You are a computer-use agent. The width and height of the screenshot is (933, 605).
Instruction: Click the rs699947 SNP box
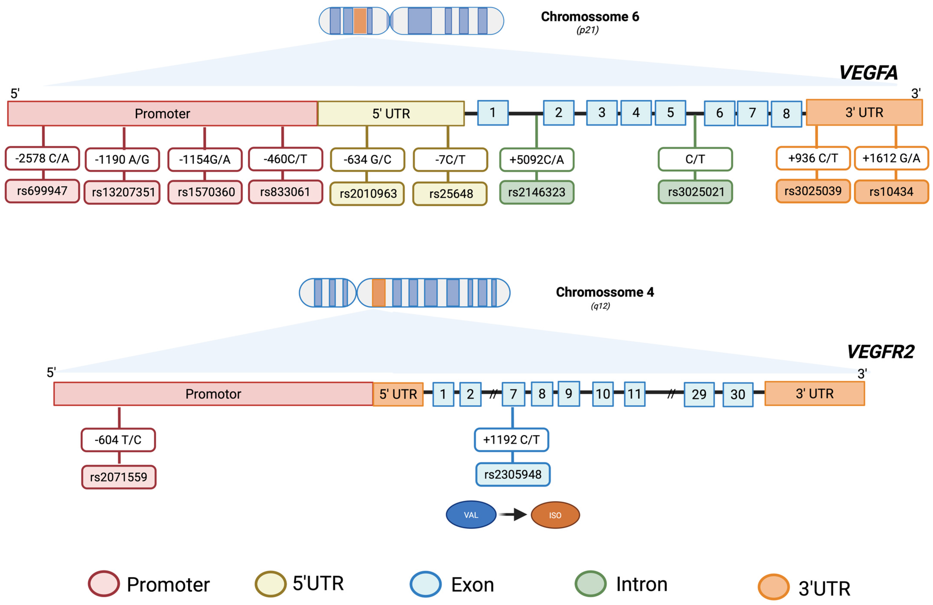[x=42, y=191]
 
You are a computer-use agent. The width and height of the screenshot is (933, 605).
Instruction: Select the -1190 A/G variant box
[x=122, y=159]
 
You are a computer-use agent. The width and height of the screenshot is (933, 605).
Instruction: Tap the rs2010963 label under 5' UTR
[x=367, y=193]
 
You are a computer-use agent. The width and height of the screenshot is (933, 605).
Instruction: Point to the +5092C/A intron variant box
[x=537, y=159]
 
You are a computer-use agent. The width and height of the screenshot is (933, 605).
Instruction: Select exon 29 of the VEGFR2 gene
[x=699, y=394]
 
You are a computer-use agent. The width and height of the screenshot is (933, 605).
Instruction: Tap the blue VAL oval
[x=471, y=515]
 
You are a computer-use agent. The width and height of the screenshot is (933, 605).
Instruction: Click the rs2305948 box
[x=513, y=474]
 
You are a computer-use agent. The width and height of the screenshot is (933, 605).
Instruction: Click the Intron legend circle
[x=590, y=584]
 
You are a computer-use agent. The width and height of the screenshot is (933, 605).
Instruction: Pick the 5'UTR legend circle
[x=271, y=584]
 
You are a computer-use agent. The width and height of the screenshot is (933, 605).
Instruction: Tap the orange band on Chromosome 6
[x=360, y=21]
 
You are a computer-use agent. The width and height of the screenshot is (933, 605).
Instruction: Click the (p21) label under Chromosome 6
[x=587, y=30]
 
